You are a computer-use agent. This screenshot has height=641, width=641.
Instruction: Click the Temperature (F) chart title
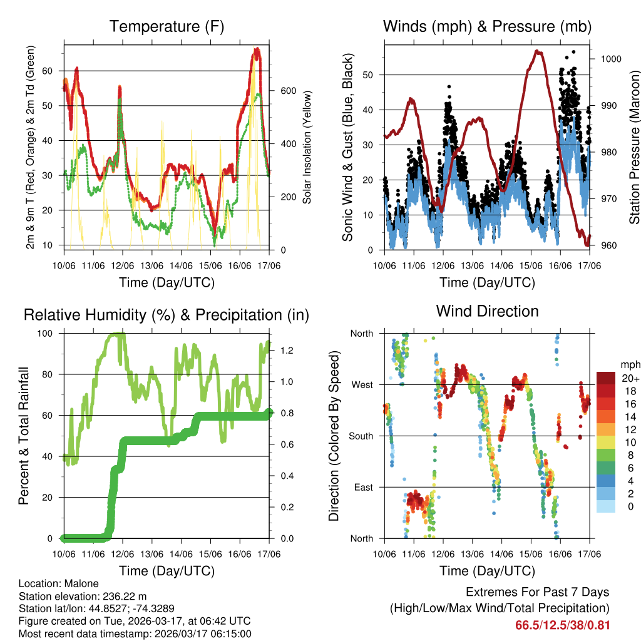pos(167,26)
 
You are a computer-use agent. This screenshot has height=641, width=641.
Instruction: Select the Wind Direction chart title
pos(487,311)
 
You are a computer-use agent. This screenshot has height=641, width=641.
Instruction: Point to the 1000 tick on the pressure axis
pos(610,59)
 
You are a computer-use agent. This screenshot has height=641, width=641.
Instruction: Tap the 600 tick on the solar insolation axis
pos(288,90)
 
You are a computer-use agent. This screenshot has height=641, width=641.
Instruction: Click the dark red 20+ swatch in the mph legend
pos(607,378)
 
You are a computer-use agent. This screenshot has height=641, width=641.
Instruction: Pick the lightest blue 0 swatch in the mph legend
pos(607,506)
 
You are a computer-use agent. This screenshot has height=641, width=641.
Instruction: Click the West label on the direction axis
pos(361,384)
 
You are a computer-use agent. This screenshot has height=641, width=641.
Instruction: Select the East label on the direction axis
pos(362,487)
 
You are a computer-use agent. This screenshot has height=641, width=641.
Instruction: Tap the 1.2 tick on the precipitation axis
pos(287,351)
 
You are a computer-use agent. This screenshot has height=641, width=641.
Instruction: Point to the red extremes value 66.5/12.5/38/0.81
pos(562,625)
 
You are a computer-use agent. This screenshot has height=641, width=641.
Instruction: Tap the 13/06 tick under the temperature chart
pos(152,265)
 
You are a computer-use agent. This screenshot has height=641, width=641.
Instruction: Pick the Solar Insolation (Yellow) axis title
pos(307,148)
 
